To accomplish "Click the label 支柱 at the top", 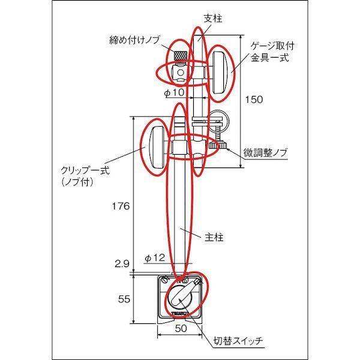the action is point(213,19).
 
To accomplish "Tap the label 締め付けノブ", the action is point(134,40).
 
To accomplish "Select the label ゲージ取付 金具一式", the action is point(272,52).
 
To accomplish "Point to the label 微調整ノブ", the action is point(265,152).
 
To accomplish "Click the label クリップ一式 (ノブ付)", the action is point(85,176).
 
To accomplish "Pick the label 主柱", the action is point(214,237).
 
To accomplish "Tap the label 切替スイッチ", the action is point(238,341).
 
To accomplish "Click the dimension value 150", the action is point(254,100).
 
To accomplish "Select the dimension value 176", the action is point(121,206).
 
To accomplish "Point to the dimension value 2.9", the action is point(122,264).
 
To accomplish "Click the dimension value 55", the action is point(124,299).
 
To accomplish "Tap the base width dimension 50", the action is point(181,328).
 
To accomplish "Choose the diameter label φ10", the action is point(175,92).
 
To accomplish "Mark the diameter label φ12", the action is point(155,258).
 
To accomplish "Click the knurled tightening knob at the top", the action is point(181,55).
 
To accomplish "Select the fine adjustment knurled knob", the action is point(218,145).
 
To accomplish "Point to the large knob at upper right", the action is point(220,73).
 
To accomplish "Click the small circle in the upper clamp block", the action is point(181,73).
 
